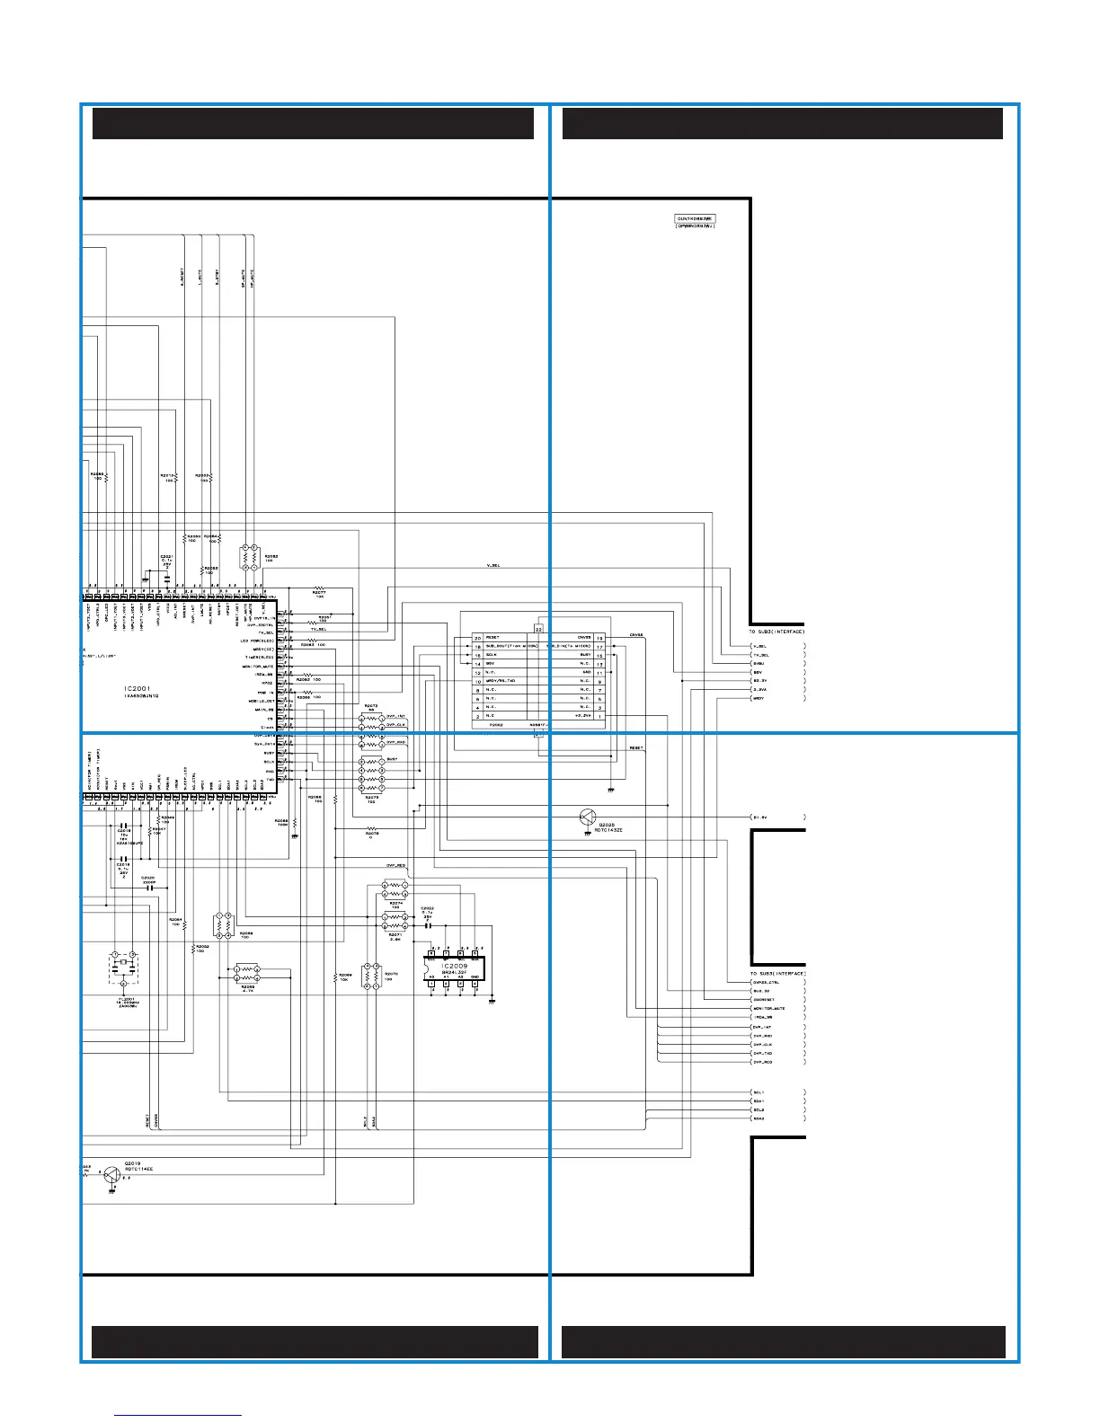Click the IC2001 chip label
(x=137, y=688)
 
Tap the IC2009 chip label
(x=453, y=966)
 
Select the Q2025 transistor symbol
(x=587, y=818)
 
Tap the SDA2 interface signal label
(x=759, y=1118)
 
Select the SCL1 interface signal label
(x=759, y=1092)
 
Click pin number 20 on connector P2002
(x=477, y=637)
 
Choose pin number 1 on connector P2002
(x=599, y=716)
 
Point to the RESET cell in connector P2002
(x=493, y=637)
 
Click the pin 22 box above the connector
(x=538, y=628)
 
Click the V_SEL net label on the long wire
(x=493, y=566)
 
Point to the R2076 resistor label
(x=372, y=834)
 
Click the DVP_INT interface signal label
(x=763, y=1027)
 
